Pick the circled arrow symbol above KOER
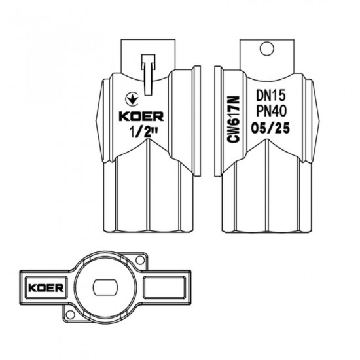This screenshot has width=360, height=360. click(131, 99)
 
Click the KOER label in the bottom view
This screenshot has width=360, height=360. click(42, 287)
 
